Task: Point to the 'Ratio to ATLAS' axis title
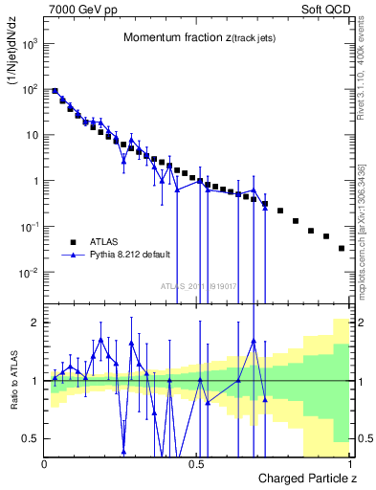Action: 14,401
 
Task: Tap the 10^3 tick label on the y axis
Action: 30,44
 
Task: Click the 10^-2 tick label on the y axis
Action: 30,273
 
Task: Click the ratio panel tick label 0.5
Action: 30,438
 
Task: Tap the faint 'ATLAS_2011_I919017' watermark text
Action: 198,286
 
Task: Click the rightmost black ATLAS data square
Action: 342,248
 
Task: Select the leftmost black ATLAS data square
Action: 55,91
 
